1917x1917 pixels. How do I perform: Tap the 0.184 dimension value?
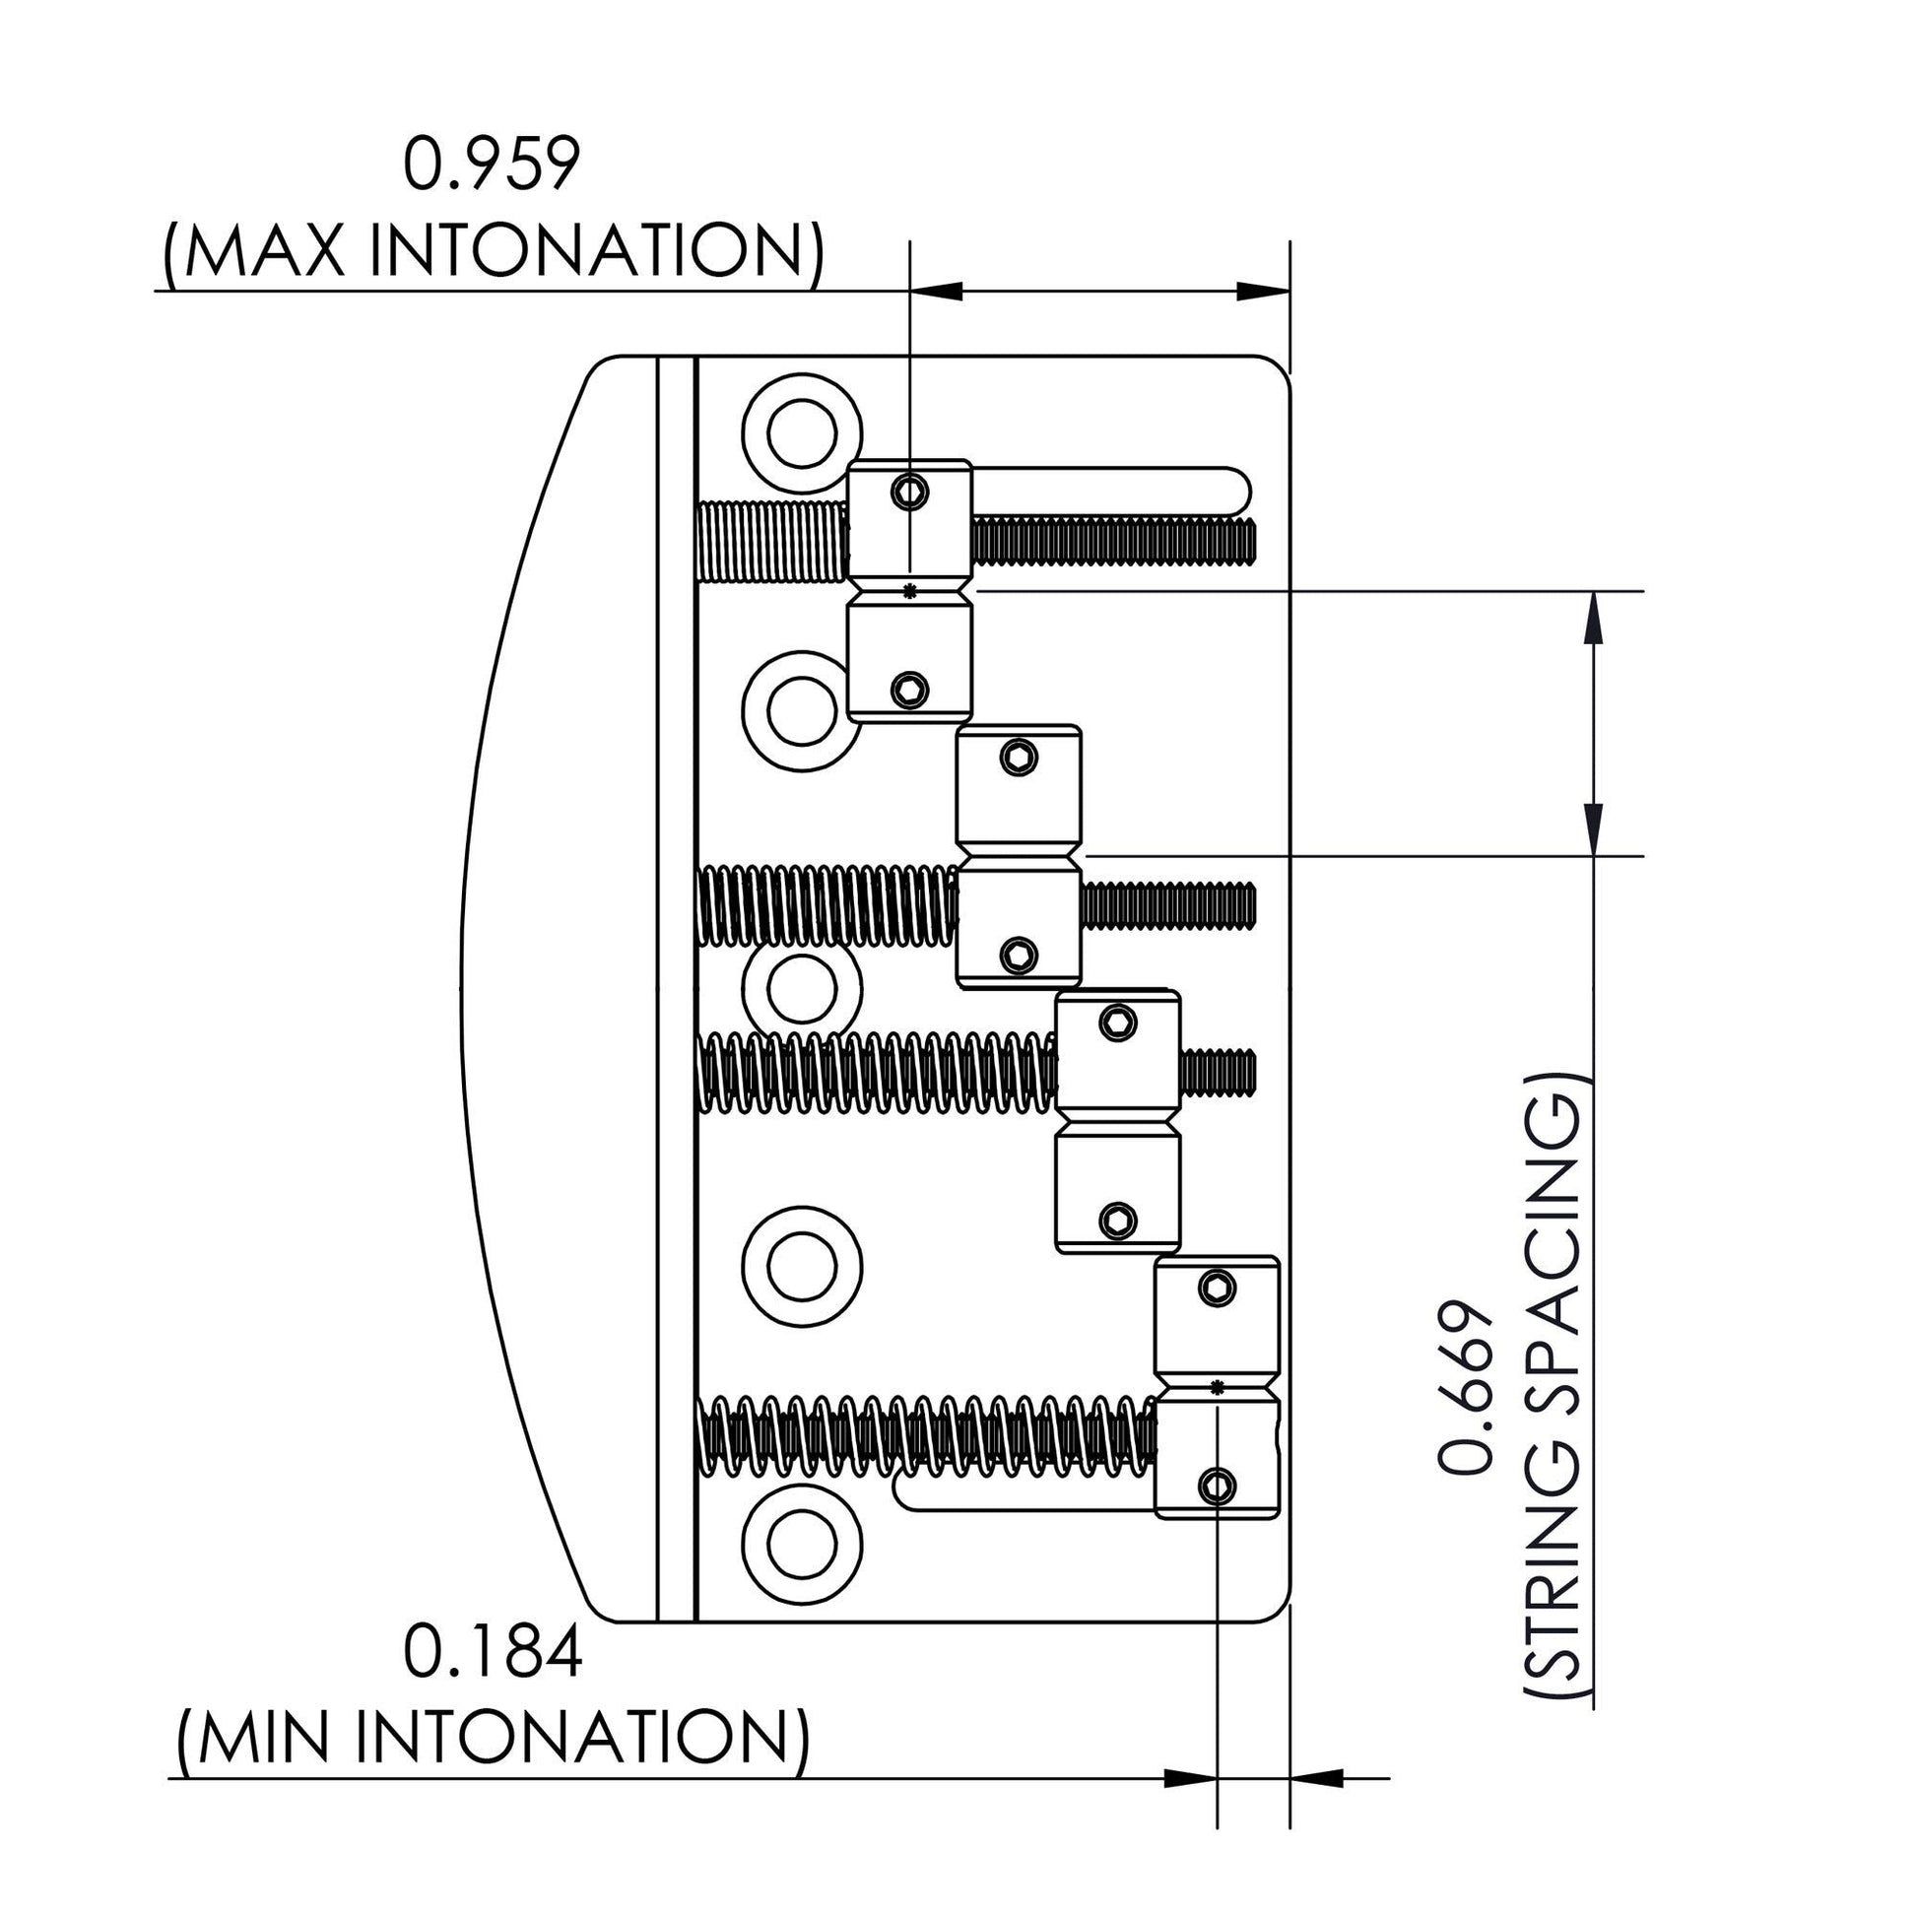point(493,1654)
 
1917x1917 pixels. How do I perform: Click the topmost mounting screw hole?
point(802,432)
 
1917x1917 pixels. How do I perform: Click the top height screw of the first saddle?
point(910,491)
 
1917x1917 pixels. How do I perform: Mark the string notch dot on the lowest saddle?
point(1218,1385)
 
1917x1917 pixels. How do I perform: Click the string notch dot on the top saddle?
point(910,589)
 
